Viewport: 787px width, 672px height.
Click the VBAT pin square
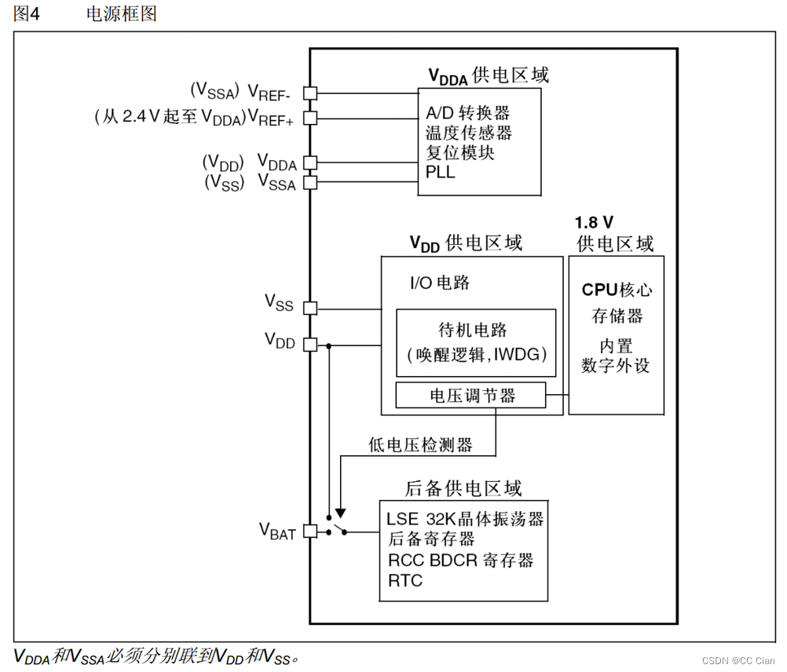pyautogui.click(x=310, y=531)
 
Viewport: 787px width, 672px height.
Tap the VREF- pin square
pyautogui.click(x=310, y=93)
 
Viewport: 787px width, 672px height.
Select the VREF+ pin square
pyautogui.click(x=310, y=118)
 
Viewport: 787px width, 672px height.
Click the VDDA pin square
pyautogui.click(x=310, y=163)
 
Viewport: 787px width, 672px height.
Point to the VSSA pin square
pyautogui.click(x=310, y=183)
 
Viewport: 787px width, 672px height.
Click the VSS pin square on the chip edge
pyautogui.click(x=310, y=308)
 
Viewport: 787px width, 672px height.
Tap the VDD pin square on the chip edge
pyautogui.click(x=310, y=344)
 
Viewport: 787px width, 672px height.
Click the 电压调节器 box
pyautogui.click(x=470, y=396)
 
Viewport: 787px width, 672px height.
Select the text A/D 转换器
pyautogui.click(x=467, y=113)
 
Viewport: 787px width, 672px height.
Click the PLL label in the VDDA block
pyautogui.click(x=441, y=172)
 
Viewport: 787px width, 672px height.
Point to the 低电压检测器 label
pyautogui.click(x=421, y=445)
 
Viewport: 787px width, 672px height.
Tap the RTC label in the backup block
pyautogui.click(x=405, y=581)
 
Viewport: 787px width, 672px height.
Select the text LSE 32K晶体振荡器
pyautogui.click(x=465, y=520)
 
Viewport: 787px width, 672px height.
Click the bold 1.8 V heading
pyautogui.click(x=595, y=222)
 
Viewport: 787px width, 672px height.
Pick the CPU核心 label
pyautogui.click(x=617, y=290)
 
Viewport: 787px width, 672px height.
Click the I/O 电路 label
pyautogui.click(x=440, y=283)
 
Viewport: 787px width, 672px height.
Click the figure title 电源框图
pyautogui.click(x=122, y=14)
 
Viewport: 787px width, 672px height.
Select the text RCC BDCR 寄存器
pyautogui.click(x=461, y=561)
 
